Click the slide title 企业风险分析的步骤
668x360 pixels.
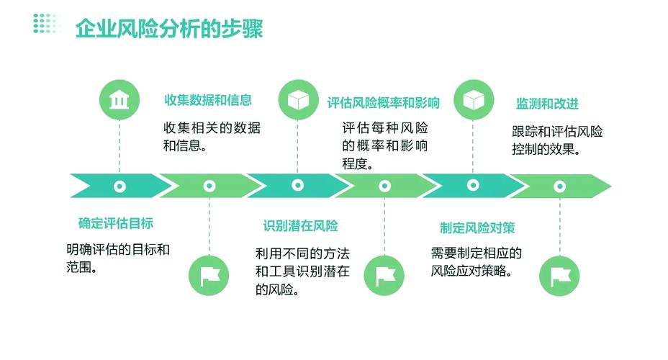pos(169,29)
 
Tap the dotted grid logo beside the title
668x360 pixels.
pos(45,24)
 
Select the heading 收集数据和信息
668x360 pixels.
pos(208,100)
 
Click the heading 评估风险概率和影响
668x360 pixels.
pos(384,103)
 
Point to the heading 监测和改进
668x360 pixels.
pos(548,104)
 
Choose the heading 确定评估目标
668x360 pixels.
pos(115,223)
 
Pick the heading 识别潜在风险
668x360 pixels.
pos(300,226)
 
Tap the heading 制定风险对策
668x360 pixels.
pos(477,228)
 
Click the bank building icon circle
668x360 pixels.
pos(119,99)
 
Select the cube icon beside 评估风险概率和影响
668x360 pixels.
pos(298,99)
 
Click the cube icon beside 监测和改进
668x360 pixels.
pos(474,99)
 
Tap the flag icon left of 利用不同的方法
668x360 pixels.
pos(209,276)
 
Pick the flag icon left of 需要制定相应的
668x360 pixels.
pos(384,276)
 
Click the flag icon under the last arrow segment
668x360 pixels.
pos(559,276)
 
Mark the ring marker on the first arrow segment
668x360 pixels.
pos(119,186)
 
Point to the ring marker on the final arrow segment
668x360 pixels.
pos(560,186)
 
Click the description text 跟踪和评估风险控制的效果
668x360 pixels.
pos(557,140)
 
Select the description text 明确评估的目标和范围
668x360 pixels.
pos(118,258)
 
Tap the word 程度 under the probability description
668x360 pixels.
pos(355,163)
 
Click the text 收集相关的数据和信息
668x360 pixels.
pos(212,136)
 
